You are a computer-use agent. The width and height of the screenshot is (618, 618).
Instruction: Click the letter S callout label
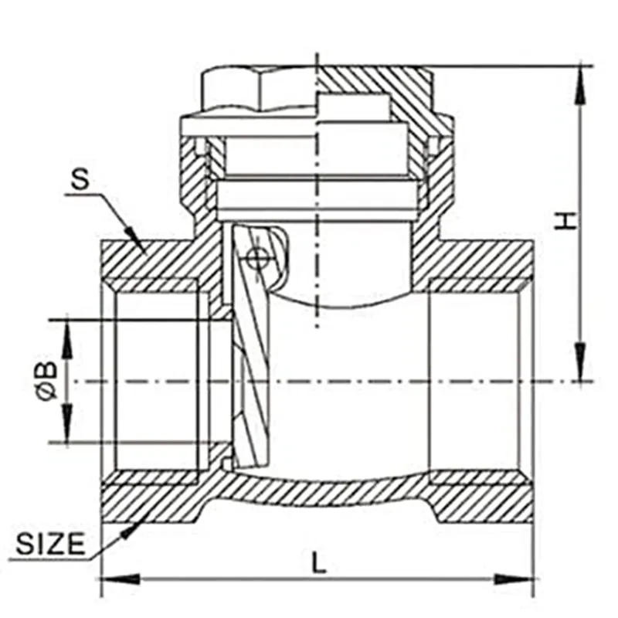click(x=80, y=178)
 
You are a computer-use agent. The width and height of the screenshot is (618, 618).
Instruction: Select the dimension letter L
click(x=319, y=562)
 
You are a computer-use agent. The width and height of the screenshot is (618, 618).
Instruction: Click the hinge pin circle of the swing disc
click(x=252, y=259)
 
